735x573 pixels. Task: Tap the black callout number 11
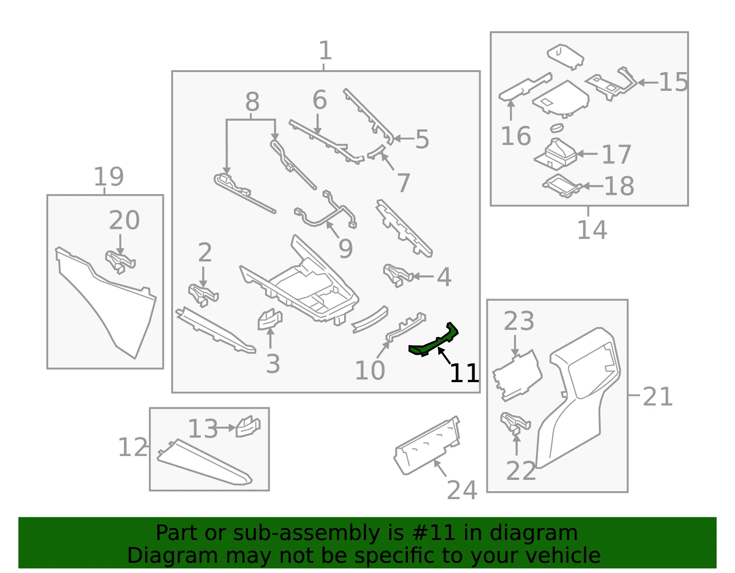click(x=464, y=373)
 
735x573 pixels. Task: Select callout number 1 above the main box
click(x=325, y=50)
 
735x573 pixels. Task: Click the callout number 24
click(x=462, y=490)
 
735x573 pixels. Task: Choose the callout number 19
click(x=109, y=176)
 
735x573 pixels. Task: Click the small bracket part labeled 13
click(x=248, y=427)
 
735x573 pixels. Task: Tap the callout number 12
click(x=133, y=447)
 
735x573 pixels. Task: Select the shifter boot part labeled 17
click(x=555, y=154)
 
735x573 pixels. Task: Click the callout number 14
click(x=592, y=230)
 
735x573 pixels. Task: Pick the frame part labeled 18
click(x=562, y=185)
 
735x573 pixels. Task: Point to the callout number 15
click(x=673, y=82)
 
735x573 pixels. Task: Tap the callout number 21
click(x=657, y=396)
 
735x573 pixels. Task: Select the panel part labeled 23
click(x=517, y=375)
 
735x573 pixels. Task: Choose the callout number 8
click(x=252, y=101)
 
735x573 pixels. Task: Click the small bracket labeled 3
click(x=270, y=319)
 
